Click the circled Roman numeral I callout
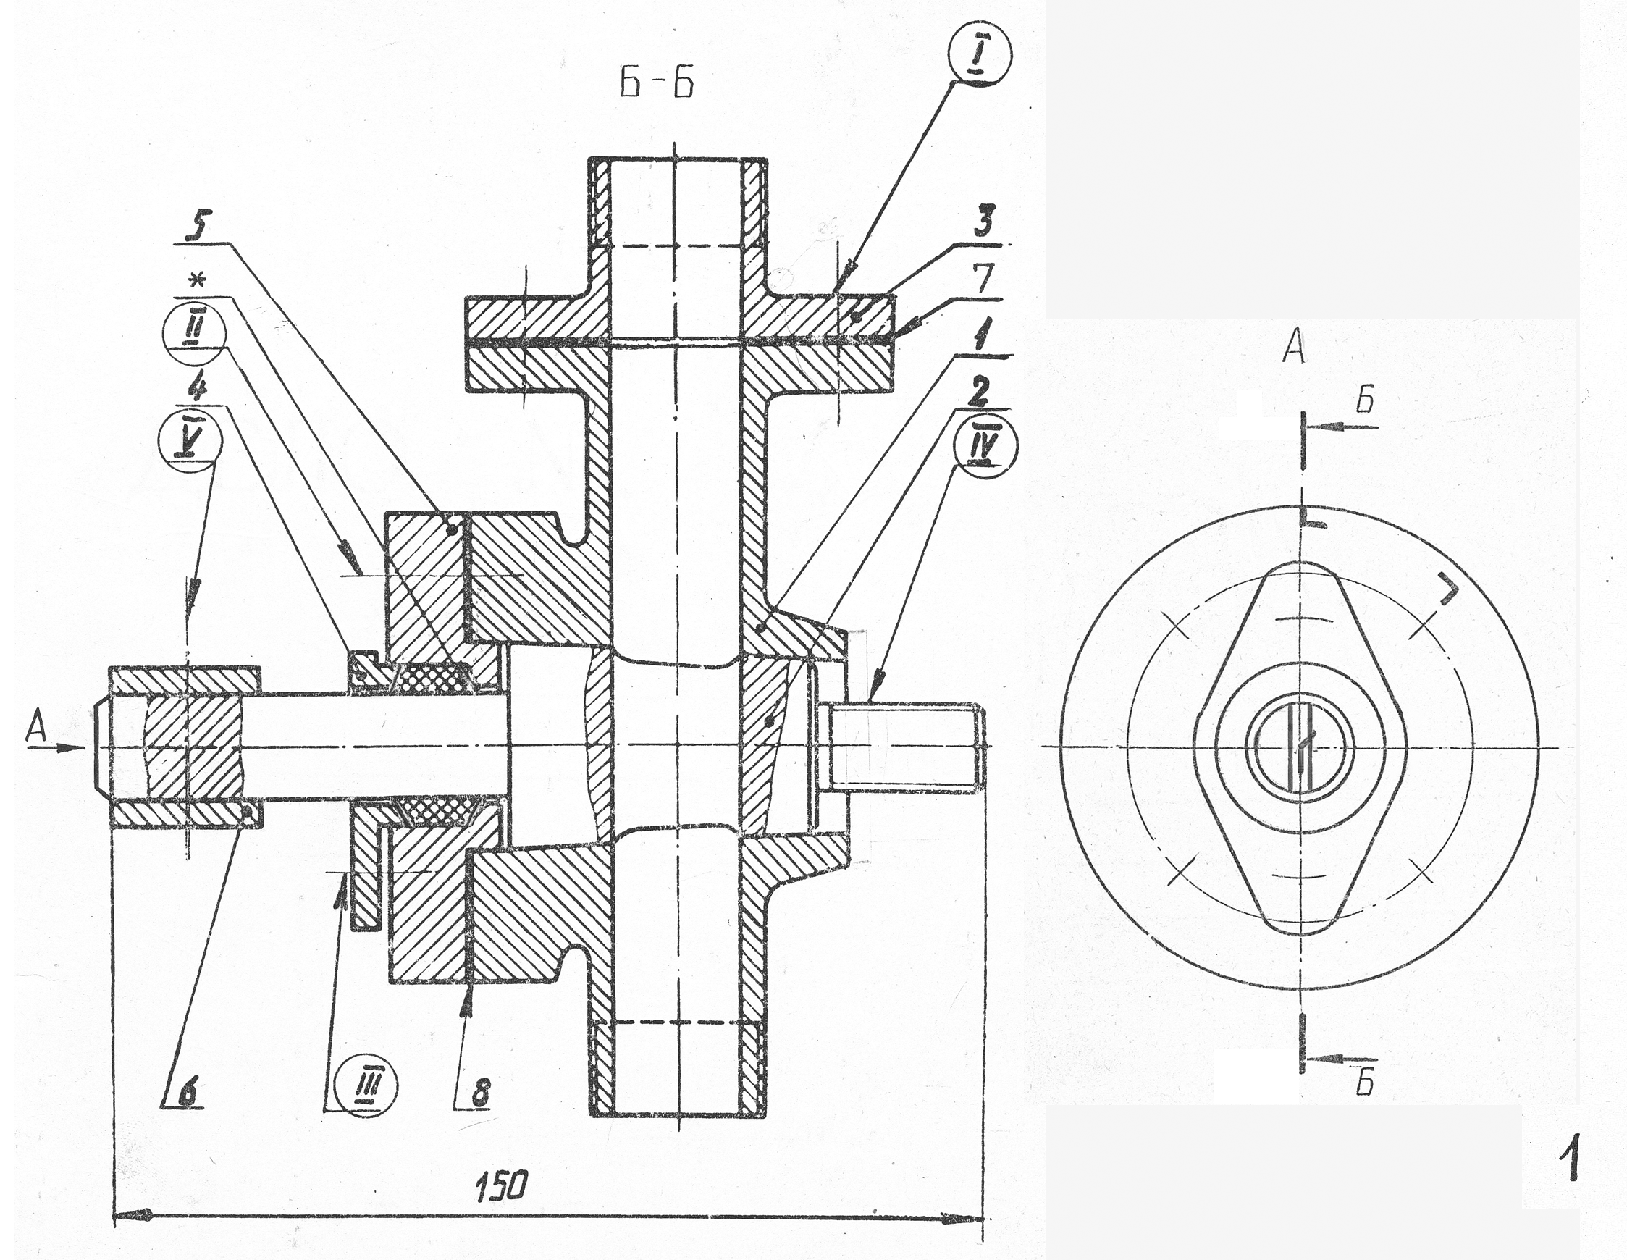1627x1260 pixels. pyautogui.click(x=981, y=57)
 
